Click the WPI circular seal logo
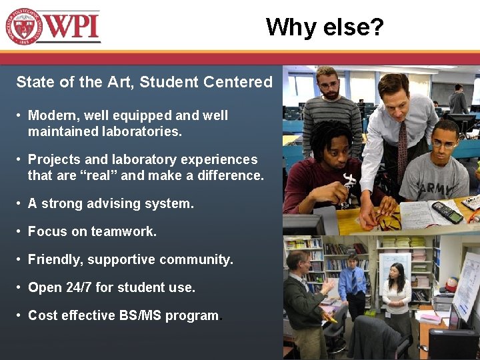(24, 27)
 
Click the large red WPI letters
(73, 27)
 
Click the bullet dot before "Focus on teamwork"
(20, 231)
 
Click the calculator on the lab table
(446, 212)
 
